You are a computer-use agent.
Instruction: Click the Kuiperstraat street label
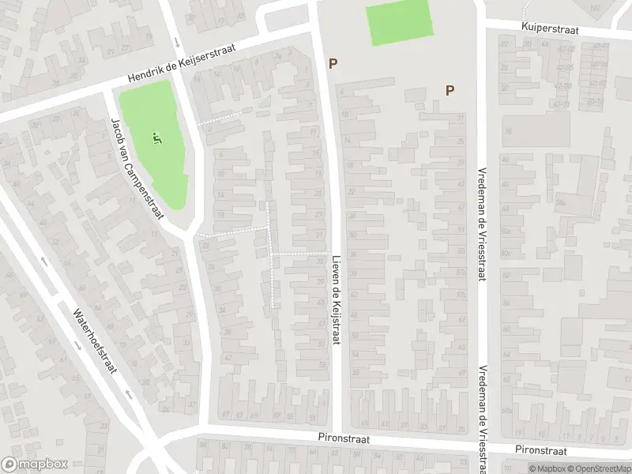coord(550,28)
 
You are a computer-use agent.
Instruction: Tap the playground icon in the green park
coord(156,139)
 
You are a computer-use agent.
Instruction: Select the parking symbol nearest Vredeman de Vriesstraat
coord(450,90)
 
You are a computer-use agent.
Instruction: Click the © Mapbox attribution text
coord(543,468)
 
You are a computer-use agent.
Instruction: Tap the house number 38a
coord(560,202)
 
